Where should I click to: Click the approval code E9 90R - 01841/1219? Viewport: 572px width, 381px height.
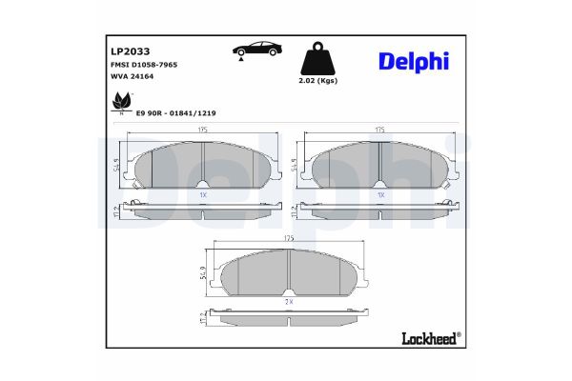pyautogui.click(x=176, y=113)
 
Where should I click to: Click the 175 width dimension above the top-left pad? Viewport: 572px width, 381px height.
pyautogui.click(x=204, y=130)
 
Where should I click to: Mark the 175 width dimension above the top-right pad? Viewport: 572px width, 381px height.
pyautogui.click(x=380, y=130)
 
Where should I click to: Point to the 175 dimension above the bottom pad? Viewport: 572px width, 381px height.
pyautogui.click(x=289, y=238)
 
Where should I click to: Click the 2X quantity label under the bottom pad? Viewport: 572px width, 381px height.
pyautogui.click(x=289, y=300)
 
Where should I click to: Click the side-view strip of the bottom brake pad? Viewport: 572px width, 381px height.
pyautogui.click(x=289, y=317)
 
